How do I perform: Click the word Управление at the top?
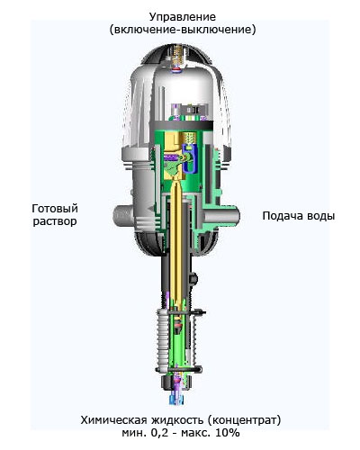pos(183,17)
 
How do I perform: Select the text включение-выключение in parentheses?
pos(183,30)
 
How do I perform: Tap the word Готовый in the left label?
pos(55,208)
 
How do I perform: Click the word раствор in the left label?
pos(55,221)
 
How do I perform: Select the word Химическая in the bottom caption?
pos(113,420)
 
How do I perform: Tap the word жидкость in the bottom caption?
pos(179,420)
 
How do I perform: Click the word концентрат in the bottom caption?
pos(246,420)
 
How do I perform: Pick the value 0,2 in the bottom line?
pos(158,433)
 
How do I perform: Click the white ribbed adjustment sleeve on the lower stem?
pos(163,338)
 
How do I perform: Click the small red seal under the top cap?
pos(175,70)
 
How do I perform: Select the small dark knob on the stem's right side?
pos(193,278)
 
